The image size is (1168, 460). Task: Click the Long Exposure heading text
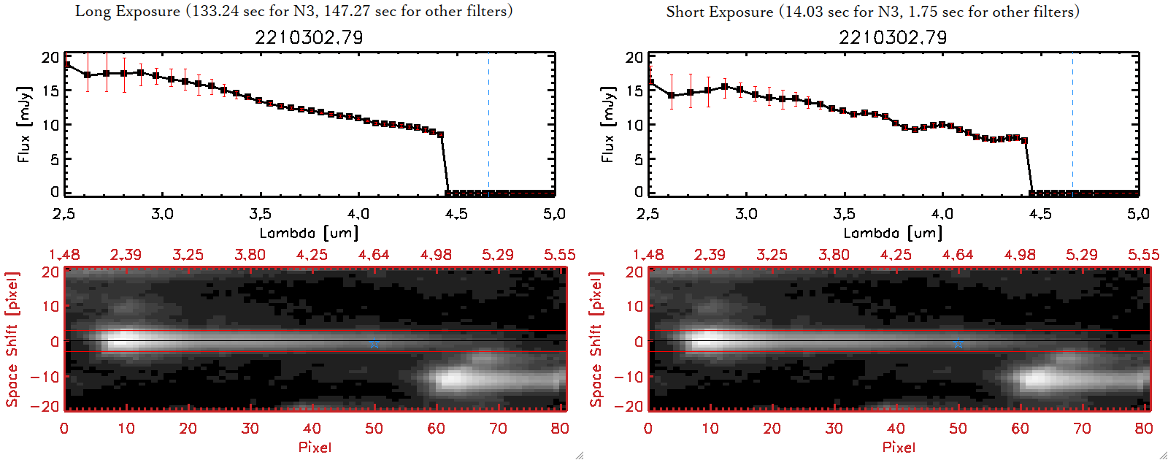(x=293, y=11)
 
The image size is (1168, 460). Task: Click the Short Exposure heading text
(x=872, y=12)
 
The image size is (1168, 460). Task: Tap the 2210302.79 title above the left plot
(x=309, y=37)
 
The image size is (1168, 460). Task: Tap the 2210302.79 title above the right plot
(x=893, y=37)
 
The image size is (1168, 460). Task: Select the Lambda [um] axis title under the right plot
(x=893, y=233)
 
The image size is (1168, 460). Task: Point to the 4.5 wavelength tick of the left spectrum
(x=456, y=214)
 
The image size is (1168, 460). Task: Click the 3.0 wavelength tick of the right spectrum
(x=746, y=214)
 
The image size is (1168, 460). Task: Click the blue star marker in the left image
(x=374, y=343)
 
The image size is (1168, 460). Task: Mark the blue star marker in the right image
(x=958, y=343)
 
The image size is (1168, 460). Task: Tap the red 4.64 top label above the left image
(x=374, y=255)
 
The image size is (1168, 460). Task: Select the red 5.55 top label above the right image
(x=1143, y=255)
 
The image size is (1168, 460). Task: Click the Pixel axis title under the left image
(x=315, y=447)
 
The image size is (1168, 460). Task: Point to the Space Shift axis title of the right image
(x=596, y=340)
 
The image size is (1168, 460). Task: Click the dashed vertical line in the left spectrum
(x=488, y=124)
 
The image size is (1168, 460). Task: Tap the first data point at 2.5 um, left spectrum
(x=66, y=65)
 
